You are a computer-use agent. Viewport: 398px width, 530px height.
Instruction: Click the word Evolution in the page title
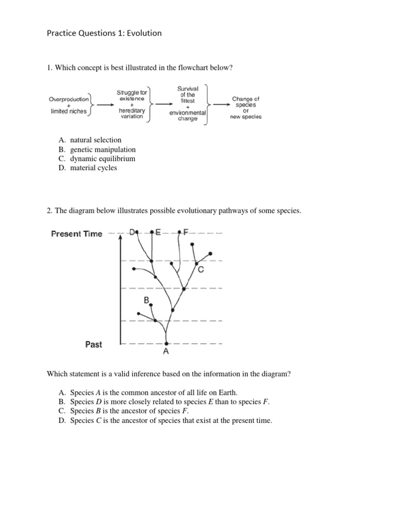[x=142, y=33]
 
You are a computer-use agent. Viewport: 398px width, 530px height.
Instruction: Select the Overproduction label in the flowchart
[x=69, y=99]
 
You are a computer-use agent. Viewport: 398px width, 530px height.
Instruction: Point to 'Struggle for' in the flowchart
[x=132, y=93]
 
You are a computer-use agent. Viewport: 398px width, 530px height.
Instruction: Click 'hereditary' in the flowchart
[x=132, y=111]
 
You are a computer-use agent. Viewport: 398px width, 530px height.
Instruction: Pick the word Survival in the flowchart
[x=188, y=89]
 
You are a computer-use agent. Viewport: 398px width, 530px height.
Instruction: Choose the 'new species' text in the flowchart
[x=246, y=116]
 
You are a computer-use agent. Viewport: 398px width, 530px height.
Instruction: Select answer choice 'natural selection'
[x=95, y=140]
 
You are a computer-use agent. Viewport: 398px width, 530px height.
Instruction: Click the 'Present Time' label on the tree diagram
[x=77, y=233]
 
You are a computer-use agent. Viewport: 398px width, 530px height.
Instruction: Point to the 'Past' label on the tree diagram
[x=93, y=344]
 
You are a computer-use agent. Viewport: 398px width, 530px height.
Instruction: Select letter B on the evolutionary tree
[x=147, y=300]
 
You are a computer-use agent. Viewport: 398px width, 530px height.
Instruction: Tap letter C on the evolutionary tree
[x=201, y=270]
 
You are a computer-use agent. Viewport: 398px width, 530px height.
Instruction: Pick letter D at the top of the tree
[x=132, y=232]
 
